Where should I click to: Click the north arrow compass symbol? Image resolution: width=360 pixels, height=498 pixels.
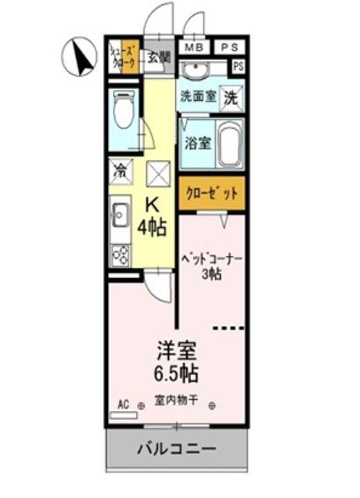(79, 57)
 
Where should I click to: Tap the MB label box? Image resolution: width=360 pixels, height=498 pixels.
(194, 47)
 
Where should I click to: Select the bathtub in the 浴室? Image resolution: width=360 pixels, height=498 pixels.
(228, 143)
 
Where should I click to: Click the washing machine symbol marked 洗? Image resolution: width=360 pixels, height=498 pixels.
(230, 97)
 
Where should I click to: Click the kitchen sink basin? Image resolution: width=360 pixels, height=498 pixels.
(119, 216)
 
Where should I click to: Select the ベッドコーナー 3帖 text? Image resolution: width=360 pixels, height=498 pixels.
(210, 266)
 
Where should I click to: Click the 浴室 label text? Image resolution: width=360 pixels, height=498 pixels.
(197, 144)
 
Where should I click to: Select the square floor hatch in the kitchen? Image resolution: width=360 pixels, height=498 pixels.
(158, 173)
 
